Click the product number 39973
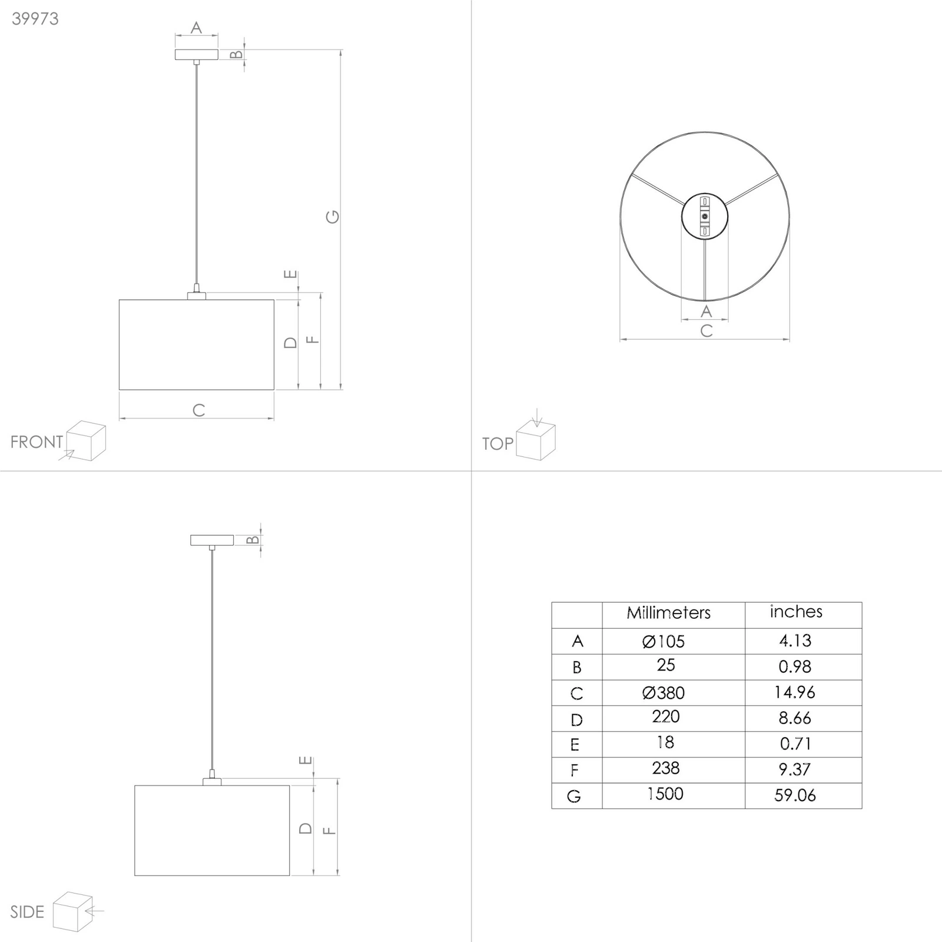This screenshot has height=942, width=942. (x=35, y=19)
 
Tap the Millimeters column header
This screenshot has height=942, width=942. (x=668, y=613)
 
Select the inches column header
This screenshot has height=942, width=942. (x=796, y=612)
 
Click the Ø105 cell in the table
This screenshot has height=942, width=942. (x=664, y=641)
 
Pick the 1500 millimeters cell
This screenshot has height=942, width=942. (x=665, y=794)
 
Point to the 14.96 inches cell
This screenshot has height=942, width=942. (x=795, y=692)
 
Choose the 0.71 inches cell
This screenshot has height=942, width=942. (x=795, y=744)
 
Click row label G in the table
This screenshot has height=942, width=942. (x=574, y=797)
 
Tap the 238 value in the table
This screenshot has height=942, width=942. (x=666, y=768)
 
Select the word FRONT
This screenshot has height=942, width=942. (x=37, y=442)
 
